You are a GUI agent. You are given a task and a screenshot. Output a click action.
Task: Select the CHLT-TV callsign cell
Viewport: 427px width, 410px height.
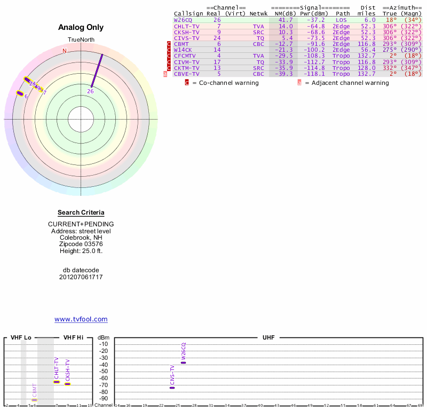click(x=187, y=26)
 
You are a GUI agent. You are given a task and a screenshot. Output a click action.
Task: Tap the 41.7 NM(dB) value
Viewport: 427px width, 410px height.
click(x=286, y=20)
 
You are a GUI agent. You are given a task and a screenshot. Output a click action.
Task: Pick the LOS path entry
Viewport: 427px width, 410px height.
click(x=341, y=20)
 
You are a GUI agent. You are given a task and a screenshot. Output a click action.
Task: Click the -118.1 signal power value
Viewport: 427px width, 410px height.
click(x=313, y=74)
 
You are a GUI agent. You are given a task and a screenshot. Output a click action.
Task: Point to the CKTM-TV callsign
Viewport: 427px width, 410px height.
click(x=187, y=68)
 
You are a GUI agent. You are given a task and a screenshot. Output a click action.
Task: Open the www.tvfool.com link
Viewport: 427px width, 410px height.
click(x=81, y=319)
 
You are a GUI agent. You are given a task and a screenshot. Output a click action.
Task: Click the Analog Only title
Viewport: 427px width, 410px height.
click(x=81, y=28)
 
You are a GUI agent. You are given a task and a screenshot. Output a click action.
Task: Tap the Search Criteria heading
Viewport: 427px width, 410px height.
click(x=81, y=212)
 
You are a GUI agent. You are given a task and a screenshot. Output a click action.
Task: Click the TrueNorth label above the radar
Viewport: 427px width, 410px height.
click(x=81, y=40)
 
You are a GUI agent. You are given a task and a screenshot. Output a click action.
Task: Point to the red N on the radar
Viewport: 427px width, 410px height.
click(x=65, y=51)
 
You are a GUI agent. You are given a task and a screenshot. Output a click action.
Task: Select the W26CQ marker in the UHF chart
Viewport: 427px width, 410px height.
click(x=183, y=362)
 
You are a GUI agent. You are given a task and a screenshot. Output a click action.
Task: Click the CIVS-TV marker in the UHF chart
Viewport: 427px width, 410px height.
click(x=172, y=388)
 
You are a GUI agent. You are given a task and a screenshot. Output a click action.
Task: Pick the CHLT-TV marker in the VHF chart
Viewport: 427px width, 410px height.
click(x=57, y=382)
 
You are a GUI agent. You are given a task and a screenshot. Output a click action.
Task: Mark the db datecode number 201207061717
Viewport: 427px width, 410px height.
click(x=81, y=277)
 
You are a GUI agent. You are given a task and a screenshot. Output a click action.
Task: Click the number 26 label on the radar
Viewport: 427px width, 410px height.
click(x=91, y=91)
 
